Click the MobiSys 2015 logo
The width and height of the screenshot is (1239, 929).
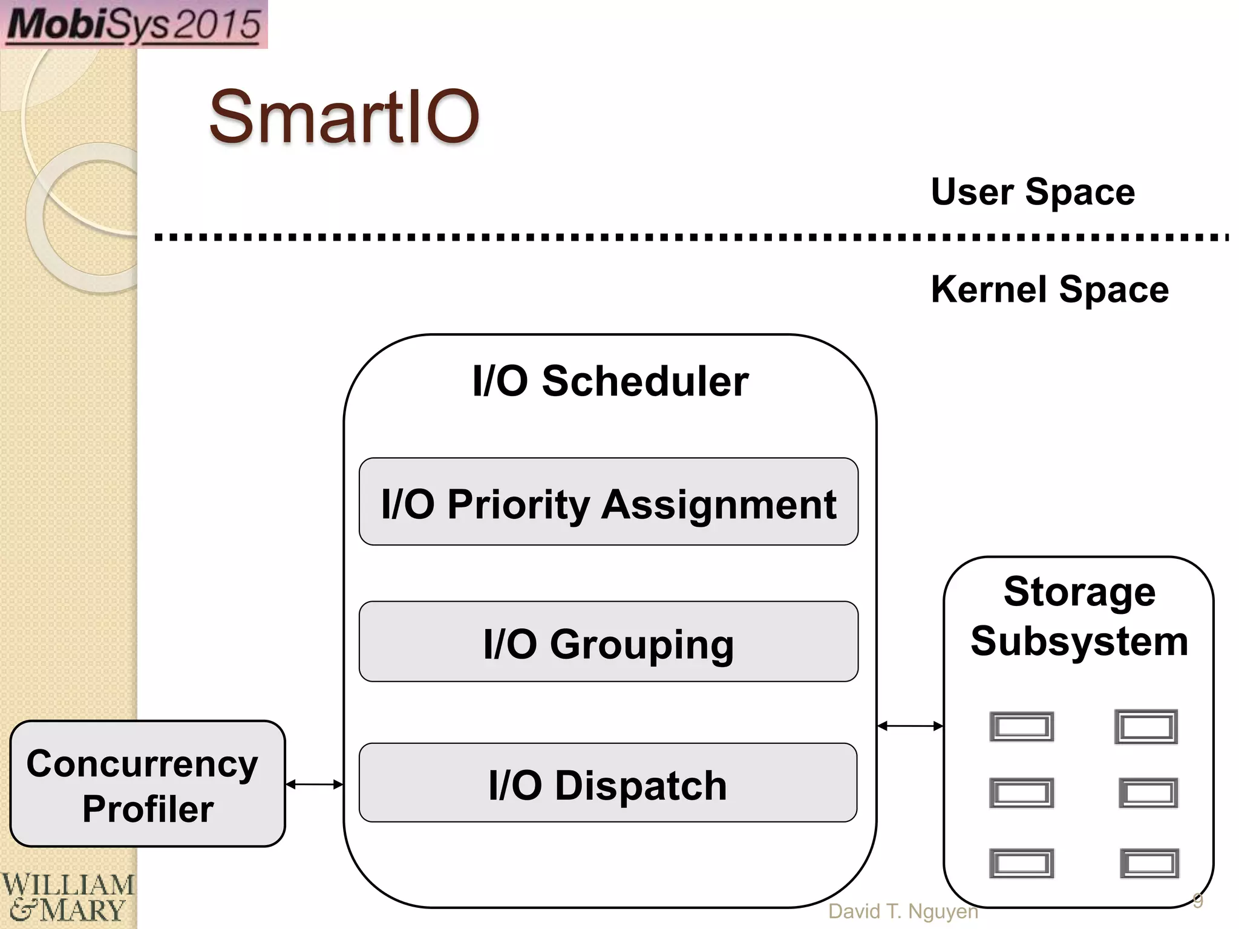click(134, 24)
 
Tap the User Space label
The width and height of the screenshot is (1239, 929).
click(1033, 192)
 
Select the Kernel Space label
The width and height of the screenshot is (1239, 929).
click(1050, 290)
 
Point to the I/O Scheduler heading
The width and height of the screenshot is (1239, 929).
click(610, 381)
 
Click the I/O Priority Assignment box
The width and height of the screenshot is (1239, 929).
click(609, 502)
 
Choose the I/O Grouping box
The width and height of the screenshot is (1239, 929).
click(609, 642)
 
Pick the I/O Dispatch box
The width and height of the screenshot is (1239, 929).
click(608, 783)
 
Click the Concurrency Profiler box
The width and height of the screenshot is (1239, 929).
click(148, 784)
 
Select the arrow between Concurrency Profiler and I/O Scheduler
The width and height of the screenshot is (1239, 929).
click(314, 784)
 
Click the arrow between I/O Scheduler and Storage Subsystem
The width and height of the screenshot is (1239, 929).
click(910, 726)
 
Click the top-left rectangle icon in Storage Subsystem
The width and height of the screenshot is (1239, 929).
click(1021, 726)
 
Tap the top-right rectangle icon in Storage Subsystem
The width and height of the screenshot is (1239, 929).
click(1146, 726)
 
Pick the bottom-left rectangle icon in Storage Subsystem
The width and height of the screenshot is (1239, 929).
click(1021, 863)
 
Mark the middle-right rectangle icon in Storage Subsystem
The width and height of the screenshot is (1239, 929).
click(1148, 793)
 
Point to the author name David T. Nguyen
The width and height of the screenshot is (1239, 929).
click(903, 911)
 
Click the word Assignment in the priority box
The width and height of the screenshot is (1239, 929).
click(719, 504)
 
